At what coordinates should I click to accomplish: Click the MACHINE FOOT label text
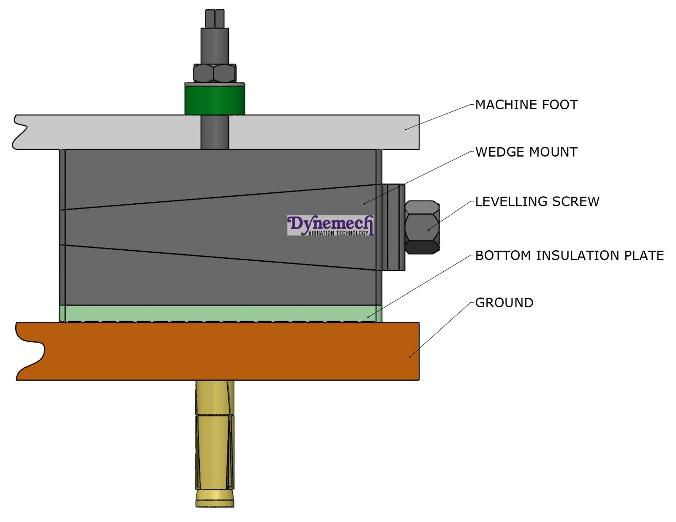pyautogui.click(x=526, y=105)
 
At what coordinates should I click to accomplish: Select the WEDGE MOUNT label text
pyautogui.click(x=526, y=152)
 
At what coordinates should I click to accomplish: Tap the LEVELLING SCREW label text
pyautogui.click(x=537, y=201)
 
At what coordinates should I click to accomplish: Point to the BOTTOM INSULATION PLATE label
pyautogui.click(x=569, y=255)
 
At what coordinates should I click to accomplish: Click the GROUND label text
pyautogui.click(x=504, y=303)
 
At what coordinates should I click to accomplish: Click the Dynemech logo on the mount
pyautogui.click(x=330, y=225)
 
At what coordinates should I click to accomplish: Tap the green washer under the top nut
pyautogui.click(x=215, y=100)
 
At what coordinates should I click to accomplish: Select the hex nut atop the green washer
pyautogui.click(x=215, y=73)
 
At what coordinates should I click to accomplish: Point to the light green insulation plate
pyautogui.click(x=220, y=314)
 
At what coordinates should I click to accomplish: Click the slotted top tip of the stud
pyautogui.click(x=215, y=18)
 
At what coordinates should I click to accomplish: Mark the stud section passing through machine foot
pyautogui.click(x=215, y=132)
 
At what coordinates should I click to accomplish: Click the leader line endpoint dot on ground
pyautogui.click(x=410, y=357)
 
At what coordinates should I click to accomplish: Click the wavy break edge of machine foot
pyautogui.click(x=19, y=132)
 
